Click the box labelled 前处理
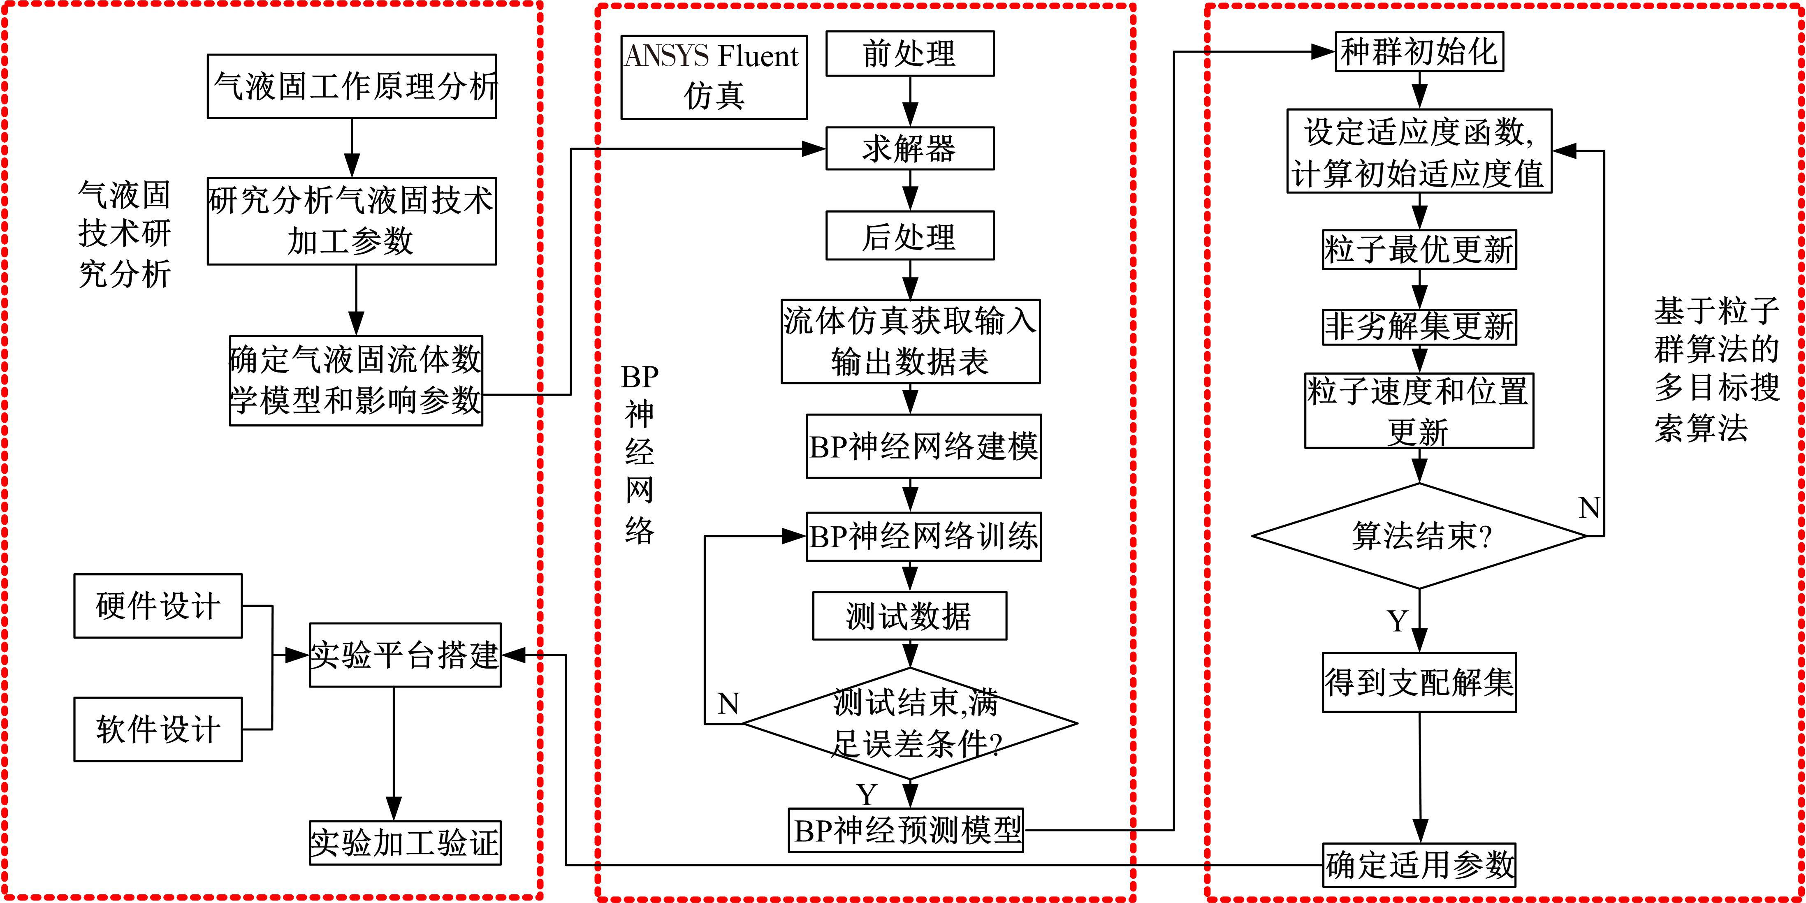[909, 53]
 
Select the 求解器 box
[909, 148]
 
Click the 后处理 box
[909, 236]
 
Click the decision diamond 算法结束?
[1419, 536]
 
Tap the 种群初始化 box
[1419, 52]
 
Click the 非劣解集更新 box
[1419, 327]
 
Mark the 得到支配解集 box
[1419, 682]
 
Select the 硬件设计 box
[158, 606]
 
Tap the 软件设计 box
[158, 729]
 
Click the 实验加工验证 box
[405, 843]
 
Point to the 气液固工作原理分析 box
[352, 86]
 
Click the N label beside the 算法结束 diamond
[1589, 507]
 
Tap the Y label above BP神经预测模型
[867, 794]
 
